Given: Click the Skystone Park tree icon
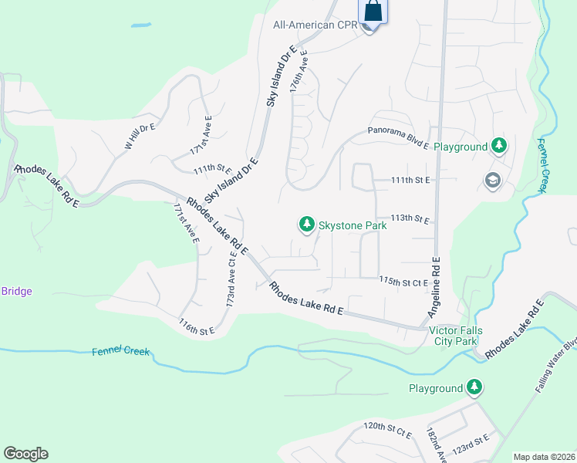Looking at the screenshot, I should [307, 225].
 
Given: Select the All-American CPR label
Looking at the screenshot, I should [315, 25].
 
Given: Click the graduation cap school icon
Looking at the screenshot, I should [491, 181].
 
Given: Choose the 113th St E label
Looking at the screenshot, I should [410, 219].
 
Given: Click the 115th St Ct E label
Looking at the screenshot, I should [403, 282].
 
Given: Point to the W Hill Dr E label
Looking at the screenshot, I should [140, 134].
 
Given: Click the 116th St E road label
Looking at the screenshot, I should [197, 326].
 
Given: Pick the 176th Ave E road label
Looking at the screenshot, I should [299, 72].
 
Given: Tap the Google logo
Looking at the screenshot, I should [25, 454].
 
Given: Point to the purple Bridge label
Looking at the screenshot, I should [16, 291].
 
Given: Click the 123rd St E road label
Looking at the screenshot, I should [471, 443].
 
